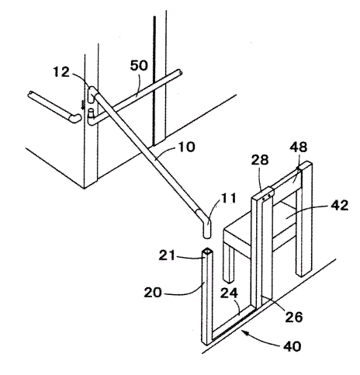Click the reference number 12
[61, 72]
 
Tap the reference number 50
[139, 65]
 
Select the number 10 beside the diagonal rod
[185, 147]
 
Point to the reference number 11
[228, 198]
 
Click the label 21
[167, 255]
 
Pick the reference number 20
[153, 293]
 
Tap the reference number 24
[229, 293]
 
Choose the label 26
[294, 317]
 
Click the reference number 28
[260, 160]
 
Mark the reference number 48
[298, 147]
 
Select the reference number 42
[339, 206]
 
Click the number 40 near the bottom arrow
[292, 346]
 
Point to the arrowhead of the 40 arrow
[242, 332]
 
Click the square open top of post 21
[207, 251]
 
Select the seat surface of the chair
[261, 220]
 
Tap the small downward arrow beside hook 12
[83, 105]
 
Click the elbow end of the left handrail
[75, 119]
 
